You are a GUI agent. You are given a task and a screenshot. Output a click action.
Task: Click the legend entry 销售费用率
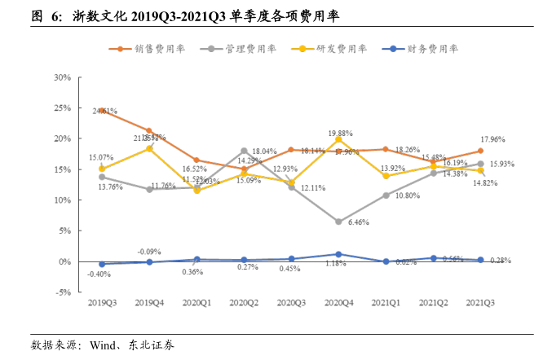point(159,49)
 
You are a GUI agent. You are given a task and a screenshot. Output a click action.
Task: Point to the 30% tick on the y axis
point(62,77)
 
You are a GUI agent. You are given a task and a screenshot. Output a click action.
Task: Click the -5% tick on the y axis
point(62,292)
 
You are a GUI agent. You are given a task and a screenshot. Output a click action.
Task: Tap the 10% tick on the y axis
point(62,200)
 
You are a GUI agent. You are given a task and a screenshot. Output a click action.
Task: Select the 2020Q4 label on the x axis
point(338,302)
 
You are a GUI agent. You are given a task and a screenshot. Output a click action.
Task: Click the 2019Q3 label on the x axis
point(102,302)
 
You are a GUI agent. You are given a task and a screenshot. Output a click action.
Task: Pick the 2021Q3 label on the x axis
point(480,302)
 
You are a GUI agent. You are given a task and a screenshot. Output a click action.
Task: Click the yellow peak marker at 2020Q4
point(338,139)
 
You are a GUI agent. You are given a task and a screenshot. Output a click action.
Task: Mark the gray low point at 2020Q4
point(338,222)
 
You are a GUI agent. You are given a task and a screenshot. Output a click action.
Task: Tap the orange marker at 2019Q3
point(102,110)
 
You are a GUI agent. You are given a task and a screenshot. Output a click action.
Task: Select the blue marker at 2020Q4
point(338,254)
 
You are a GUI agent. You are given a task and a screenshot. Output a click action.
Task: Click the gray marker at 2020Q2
point(244,151)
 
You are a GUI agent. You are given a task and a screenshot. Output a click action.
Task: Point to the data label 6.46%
point(359,222)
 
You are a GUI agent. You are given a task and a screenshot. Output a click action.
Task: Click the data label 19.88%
point(341,133)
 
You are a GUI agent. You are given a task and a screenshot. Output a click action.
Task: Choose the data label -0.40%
point(99,274)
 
